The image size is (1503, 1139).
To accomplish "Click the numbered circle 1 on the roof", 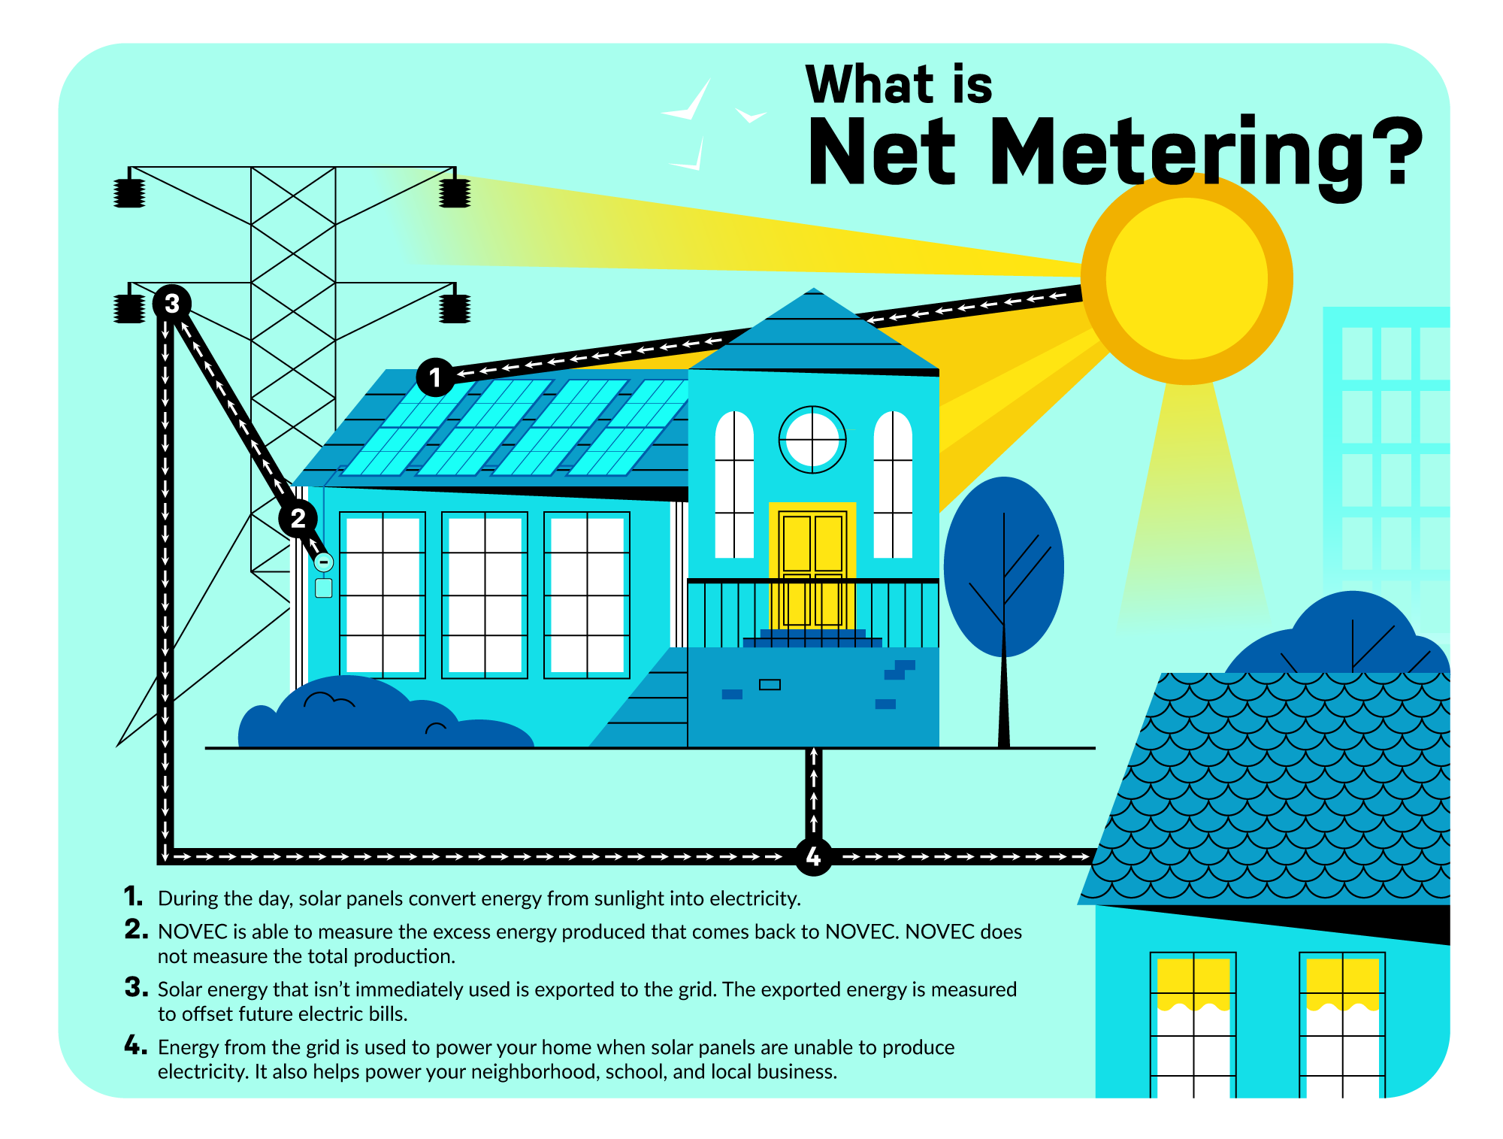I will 435,377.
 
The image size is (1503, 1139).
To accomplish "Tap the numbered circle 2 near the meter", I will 298,518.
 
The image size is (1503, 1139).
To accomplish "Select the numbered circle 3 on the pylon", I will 172,304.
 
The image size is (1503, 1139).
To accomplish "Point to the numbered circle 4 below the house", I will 813,856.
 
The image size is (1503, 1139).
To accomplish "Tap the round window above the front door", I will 812,440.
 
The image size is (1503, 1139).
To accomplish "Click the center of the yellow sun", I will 1186,279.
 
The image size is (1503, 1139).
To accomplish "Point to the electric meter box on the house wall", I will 324,587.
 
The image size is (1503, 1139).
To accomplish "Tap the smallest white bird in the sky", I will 751,116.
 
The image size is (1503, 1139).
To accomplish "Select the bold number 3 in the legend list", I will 136,987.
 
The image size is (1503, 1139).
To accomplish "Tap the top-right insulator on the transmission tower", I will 455,192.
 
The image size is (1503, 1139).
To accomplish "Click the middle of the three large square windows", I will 485,595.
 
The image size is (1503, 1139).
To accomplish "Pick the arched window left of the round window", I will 734,485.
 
